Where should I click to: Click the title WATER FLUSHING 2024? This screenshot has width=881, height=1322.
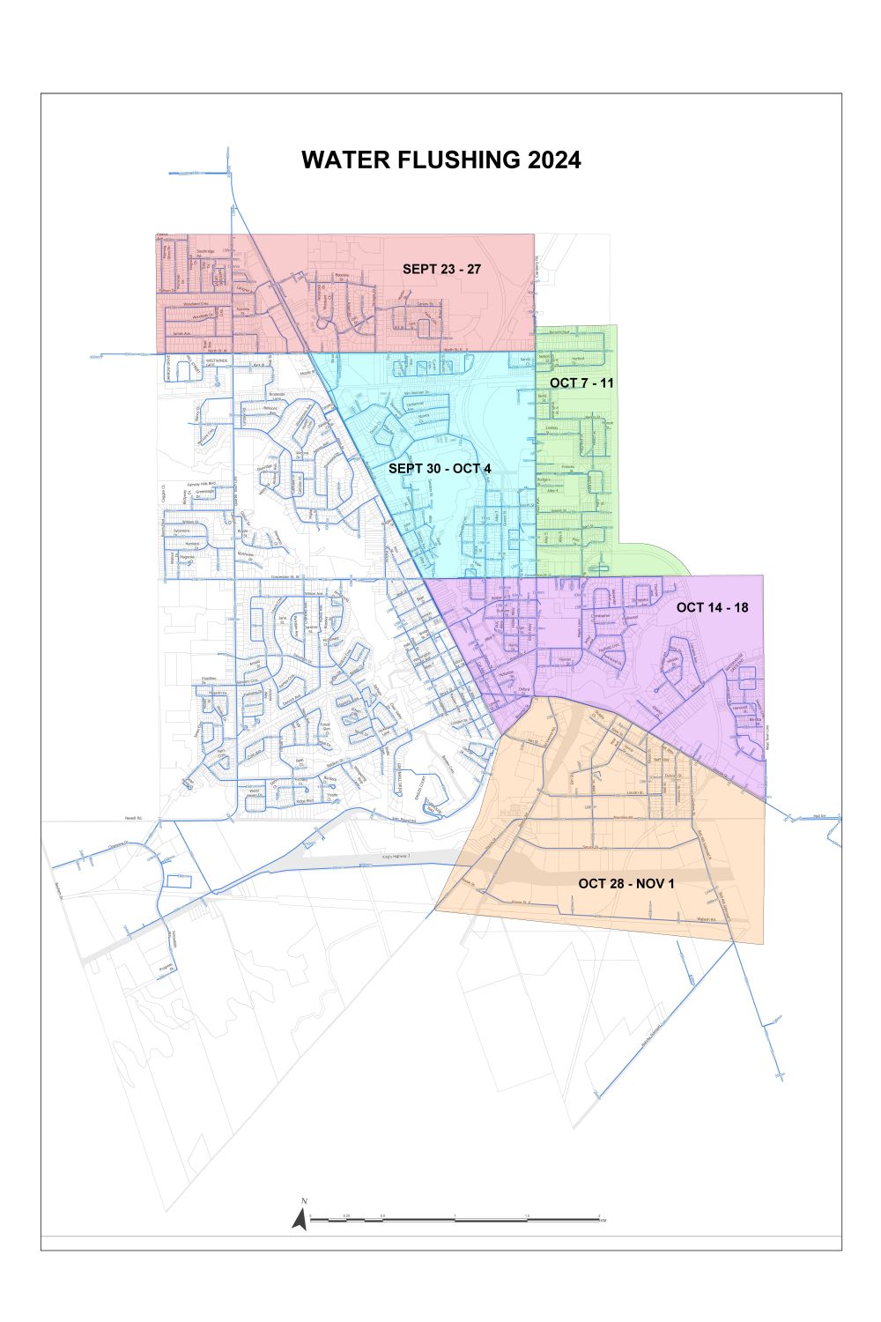pyautogui.click(x=440, y=160)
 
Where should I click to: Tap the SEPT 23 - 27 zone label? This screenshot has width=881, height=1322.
pyautogui.click(x=441, y=269)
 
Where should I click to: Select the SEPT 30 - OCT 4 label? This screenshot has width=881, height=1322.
pyautogui.click(x=440, y=468)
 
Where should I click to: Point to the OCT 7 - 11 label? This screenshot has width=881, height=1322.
pyautogui.click(x=581, y=382)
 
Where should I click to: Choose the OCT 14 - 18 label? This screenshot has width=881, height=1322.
pyautogui.click(x=712, y=607)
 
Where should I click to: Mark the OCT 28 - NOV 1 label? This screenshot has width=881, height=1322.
pyautogui.click(x=626, y=883)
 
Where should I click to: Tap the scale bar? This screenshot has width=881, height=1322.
pyautogui.click(x=454, y=1220)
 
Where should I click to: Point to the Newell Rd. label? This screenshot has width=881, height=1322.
pyautogui.click(x=134, y=818)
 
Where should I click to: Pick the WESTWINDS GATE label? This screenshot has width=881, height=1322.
pyautogui.click(x=217, y=362)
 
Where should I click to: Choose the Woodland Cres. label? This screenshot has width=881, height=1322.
pyautogui.click(x=196, y=304)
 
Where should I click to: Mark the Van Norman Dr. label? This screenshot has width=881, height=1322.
pyautogui.click(x=415, y=392)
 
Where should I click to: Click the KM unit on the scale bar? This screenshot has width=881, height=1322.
pyautogui.click(x=603, y=1222)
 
